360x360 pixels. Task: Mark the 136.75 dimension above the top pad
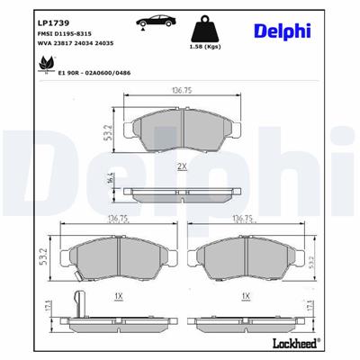pyautogui.click(x=184, y=88)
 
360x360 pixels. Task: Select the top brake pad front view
pyautogui.click(x=184, y=132)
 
